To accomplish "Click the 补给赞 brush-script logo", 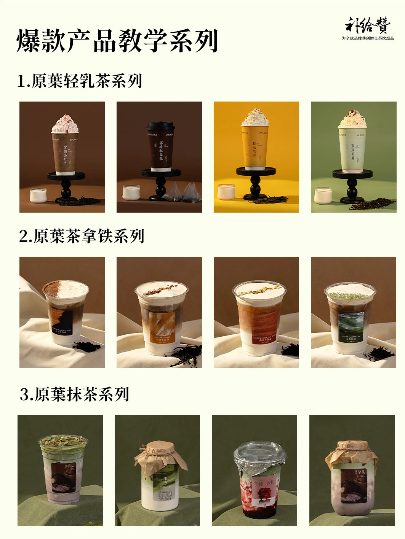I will [367, 25].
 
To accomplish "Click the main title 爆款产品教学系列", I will [117, 41].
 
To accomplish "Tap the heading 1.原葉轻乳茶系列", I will [80, 81].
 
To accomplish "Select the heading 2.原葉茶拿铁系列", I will [82, 236].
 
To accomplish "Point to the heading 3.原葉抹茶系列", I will [75, 394].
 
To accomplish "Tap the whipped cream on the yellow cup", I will [255, 118].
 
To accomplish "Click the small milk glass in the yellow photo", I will [226, 192].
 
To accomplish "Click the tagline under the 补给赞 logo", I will [368, 38].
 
